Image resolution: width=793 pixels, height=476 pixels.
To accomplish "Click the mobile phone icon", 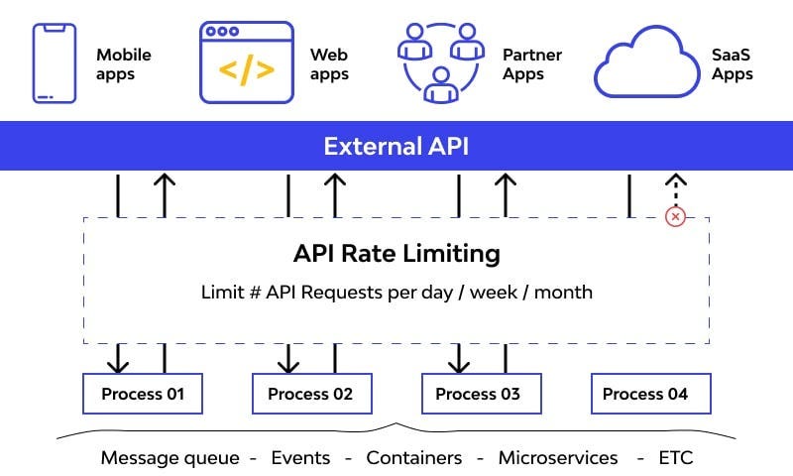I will [x=55, y=62].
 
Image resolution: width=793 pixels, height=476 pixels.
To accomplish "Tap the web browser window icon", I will [x=247, y=63].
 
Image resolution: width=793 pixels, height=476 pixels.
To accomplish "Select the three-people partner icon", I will [x=437, y=61].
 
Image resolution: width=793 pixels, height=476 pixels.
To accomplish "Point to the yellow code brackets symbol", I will [x=247, y=71].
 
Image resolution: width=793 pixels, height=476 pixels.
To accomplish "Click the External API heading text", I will [x=396, y=147].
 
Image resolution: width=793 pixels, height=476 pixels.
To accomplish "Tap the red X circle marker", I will [x=675, y=216].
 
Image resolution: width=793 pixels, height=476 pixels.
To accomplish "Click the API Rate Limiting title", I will [x=396, y=253].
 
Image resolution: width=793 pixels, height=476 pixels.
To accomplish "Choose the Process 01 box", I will [x=143, y=394].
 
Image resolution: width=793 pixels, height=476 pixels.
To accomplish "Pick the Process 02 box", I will [x=310, y=394].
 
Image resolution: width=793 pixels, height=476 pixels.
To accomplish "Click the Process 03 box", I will [x=481, y=394].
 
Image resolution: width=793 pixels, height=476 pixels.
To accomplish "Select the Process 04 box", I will [x=651, y=394].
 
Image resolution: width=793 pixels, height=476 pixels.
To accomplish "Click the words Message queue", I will [x=170, y=457].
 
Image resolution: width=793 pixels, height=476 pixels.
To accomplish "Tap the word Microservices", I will [x=558, y=457].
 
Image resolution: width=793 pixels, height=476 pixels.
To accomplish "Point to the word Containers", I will [x=414, y=457].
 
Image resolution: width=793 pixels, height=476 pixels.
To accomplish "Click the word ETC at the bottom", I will [x=676, y=457].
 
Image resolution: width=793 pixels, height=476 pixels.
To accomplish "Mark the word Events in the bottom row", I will [x=300, y=457].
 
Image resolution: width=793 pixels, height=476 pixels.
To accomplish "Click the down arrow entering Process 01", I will [x=119, y=358].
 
